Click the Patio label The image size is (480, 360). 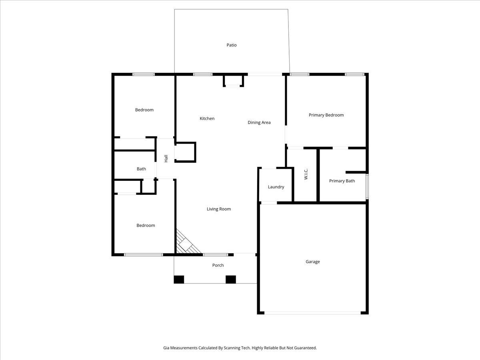[231, 45]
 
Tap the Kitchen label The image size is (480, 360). [207, 118]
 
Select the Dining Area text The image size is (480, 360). [259, 123]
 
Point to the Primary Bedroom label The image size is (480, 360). [326, 115]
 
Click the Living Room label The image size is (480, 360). [219, 209]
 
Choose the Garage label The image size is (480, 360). [312, 262]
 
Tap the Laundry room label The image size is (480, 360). [276, 187]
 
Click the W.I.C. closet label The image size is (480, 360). [306, 174]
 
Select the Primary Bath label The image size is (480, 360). [342, 181]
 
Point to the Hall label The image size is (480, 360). [166, 158]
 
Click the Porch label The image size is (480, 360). [218, 265]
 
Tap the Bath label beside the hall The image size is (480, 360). [141, 169]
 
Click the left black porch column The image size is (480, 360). [179, 280]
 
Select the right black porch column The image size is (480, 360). [231, 280]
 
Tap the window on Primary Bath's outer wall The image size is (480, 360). [367, 186]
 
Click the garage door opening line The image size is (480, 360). [312, 313]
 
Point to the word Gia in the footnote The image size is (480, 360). [166, 348]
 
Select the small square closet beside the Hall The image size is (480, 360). [185, 152]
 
